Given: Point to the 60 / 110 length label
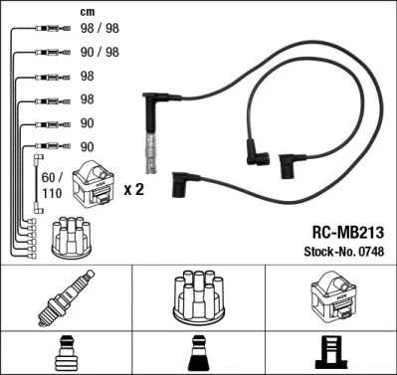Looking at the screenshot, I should pyautogui.click(x=49, y=185).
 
